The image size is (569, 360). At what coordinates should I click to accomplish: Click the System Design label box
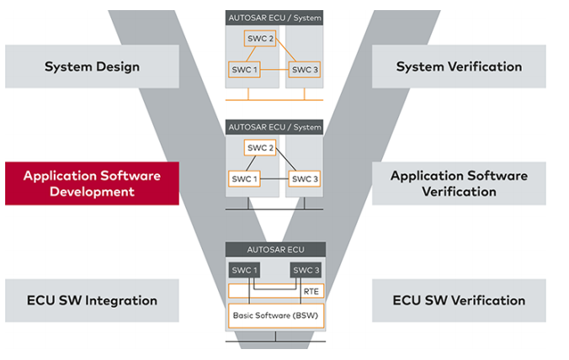(93, 66)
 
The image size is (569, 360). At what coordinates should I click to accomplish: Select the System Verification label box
(459, 66)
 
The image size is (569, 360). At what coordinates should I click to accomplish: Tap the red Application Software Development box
(92, 183)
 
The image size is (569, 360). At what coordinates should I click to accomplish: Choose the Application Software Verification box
(459, 183)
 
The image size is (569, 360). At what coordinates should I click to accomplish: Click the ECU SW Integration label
(92, 300)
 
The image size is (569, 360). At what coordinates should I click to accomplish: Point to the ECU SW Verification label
(459, 300)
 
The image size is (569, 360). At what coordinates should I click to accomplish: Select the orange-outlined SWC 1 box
(243, 69)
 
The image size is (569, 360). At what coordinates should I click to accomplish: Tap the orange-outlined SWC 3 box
(303, 69)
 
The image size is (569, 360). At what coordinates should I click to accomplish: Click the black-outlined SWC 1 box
(243, 178)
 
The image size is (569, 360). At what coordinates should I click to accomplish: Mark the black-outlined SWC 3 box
(303, 178)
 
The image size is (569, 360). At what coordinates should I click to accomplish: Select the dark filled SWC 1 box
(243, 270)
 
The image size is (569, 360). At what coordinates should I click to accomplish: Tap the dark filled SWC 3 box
(304, 270)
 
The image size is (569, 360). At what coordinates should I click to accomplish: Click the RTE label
(311, 290)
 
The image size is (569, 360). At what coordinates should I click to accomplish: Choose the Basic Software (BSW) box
(274, 315)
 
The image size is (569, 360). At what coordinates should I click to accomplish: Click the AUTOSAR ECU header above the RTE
(274, 249)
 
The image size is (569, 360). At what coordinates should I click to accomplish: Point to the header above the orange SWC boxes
(274, 18)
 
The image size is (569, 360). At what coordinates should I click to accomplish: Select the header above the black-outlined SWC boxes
(274, 127)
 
